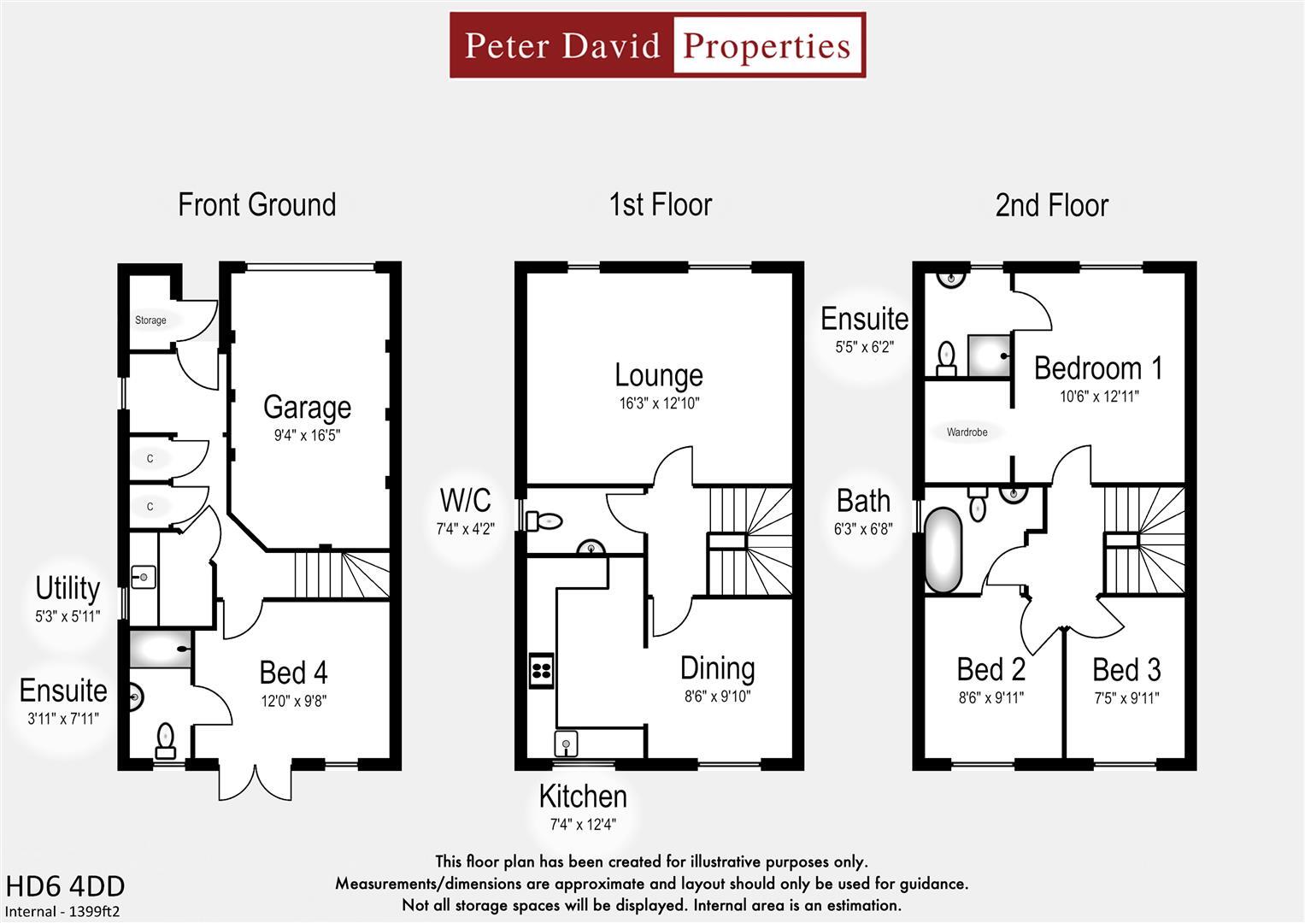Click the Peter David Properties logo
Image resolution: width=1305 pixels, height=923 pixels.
657,45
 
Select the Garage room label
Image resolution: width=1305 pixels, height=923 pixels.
307,407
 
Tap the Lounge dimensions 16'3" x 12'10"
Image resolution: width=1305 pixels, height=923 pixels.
659,403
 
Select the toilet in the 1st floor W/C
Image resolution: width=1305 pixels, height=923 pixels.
544,520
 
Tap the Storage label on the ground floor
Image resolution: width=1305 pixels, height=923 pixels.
150,320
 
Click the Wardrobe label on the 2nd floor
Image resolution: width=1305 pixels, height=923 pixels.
967,432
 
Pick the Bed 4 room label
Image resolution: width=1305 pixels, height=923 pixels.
293,673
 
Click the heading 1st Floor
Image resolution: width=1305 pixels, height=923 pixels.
660,205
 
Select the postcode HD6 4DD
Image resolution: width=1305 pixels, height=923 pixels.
65,886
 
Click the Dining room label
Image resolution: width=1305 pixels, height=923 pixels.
717,668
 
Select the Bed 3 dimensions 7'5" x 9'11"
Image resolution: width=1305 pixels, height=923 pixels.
1126,698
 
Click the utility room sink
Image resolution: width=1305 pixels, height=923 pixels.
143,578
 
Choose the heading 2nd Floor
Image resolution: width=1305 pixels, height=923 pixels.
1051,206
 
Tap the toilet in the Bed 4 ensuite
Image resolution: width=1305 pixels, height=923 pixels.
166,740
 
